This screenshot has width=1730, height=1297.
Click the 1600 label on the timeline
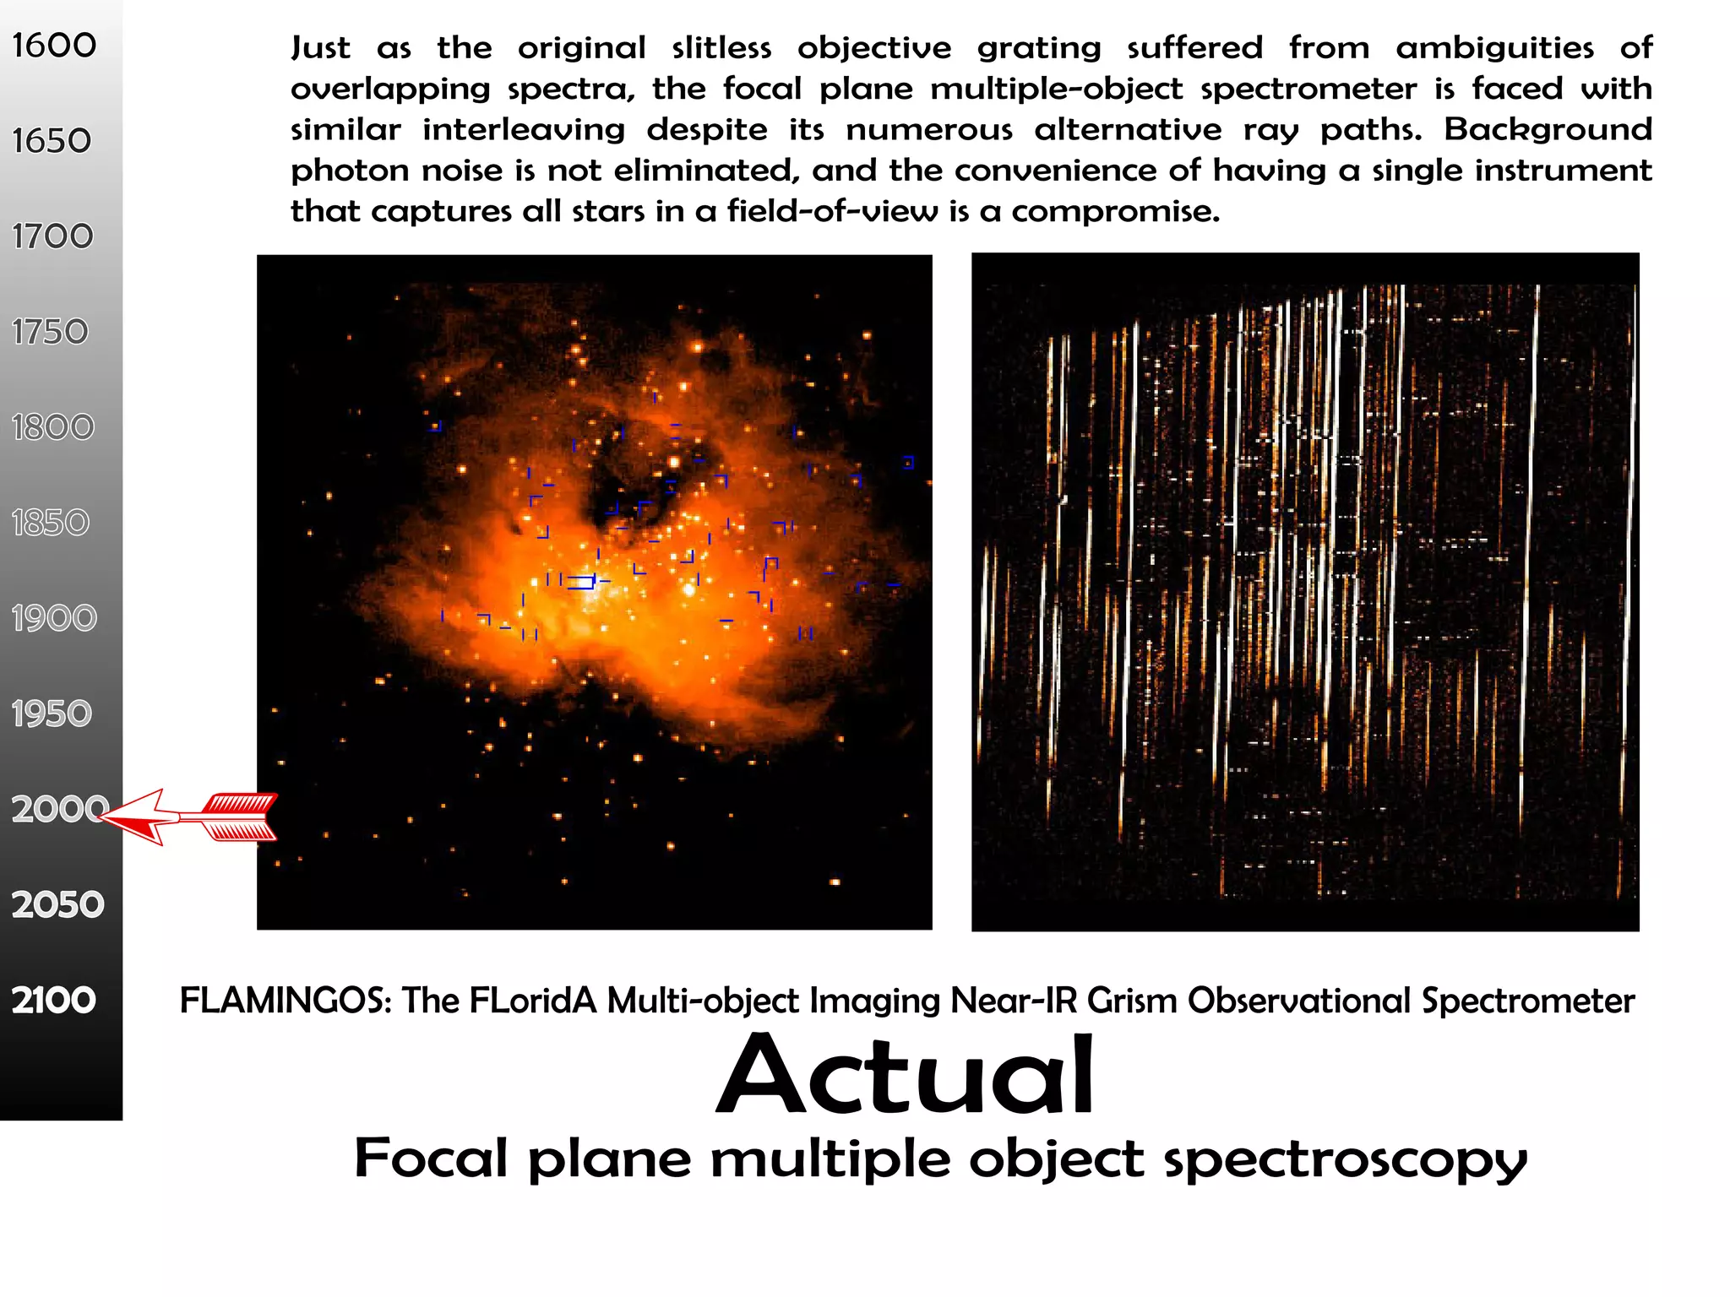(54, 46)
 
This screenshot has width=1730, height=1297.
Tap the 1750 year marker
(51, 332)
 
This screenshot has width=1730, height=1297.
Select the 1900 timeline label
(54, 618)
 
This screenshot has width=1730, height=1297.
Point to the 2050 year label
(57, 904)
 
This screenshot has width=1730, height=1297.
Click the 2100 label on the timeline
(54, 1000)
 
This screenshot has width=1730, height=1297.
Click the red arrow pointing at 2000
(190, 817)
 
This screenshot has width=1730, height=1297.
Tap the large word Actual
(906, 1076)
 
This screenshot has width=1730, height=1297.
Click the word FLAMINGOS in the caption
(286, 1001)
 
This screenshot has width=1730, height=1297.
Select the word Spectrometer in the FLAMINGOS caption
(1528, 1001)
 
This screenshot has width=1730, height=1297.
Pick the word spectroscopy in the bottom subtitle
(1346, 1160)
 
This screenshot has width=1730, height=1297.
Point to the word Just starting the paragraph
(320, 47)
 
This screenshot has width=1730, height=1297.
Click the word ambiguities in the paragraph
(1494, 47)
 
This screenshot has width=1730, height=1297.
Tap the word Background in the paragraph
(1548, 129)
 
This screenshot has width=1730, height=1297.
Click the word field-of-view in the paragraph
(832, 211)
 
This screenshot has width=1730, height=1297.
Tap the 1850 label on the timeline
(51, 523)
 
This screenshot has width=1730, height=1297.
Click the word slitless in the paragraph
(721, 47)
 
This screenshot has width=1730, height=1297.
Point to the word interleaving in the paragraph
(524, 130)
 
